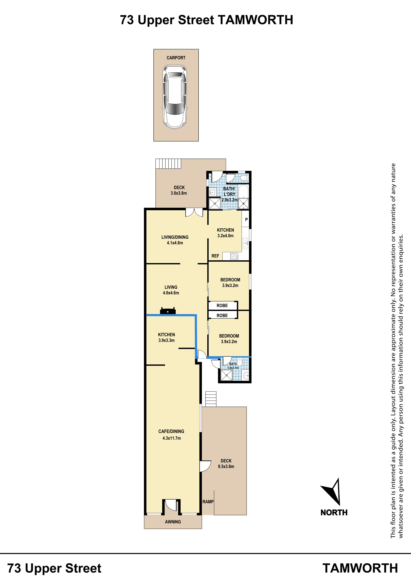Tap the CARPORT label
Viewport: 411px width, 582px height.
pyautogui.click(x=176, y=58)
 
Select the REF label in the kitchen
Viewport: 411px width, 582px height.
pyautogui.click(x=215, y=256)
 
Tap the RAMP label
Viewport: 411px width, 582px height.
pyautogui.click(x=208, y=502)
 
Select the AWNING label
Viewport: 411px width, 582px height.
pyautogui.click(x=173, y=522)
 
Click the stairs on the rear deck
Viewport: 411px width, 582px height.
pyautogui.click(x=168, y=163)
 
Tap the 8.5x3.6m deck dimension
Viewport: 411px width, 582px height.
pyautogui.click(x=226, y=466)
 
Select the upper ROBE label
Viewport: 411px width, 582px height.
pyautogui.click(x=222, y=305)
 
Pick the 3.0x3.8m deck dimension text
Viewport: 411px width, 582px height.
pyautogui.click(x=179, y=193)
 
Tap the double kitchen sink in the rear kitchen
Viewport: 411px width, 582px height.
pyautogui.click(x=245, y=243)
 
